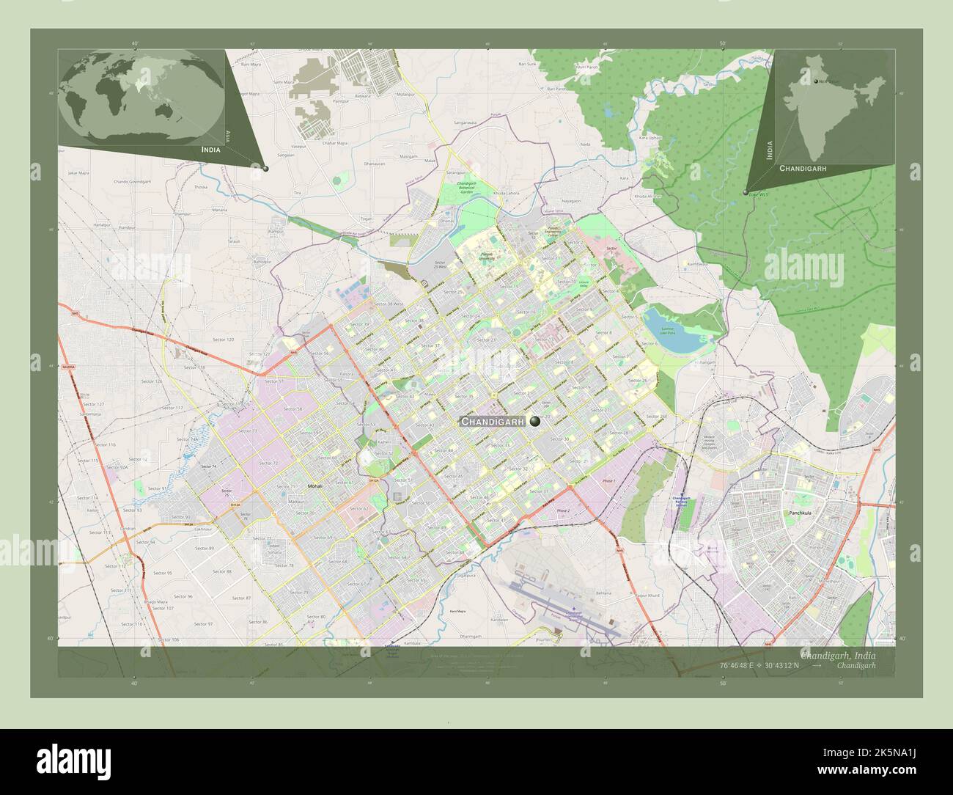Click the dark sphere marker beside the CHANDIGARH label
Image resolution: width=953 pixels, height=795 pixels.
pyautogui.click(x=536, y=421)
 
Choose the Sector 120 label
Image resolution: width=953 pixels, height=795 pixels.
pyautogui.click(x=223, y=340)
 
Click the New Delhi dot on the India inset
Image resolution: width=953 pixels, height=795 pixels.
pyautogui.click(x=815, y=81)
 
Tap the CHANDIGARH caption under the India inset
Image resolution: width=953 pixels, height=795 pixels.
pyautogui.click(x=803, y=168)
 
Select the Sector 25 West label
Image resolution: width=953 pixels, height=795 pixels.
pyautogui.click(x=440, y=266)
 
